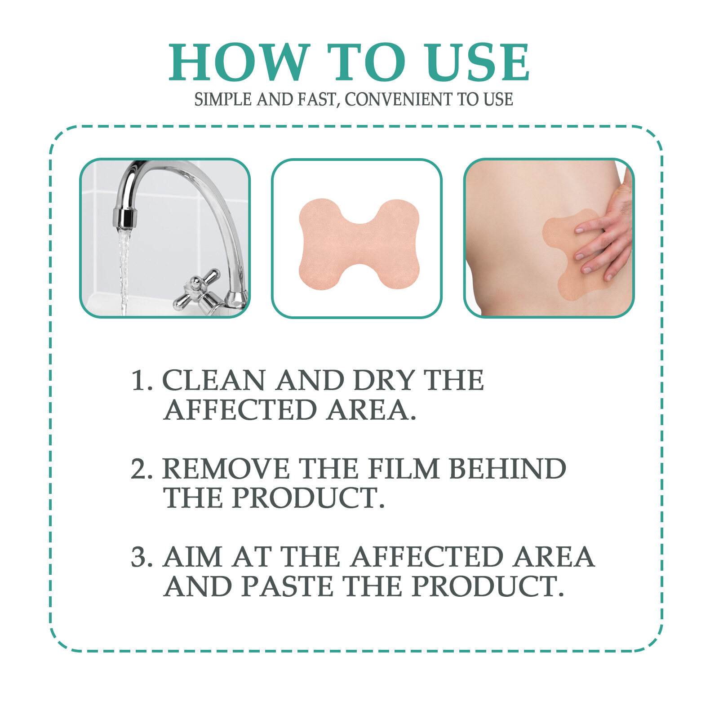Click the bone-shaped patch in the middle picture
tap(359, 244)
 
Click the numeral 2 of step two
tap(139, 469)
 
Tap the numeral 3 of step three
tap(139, 557)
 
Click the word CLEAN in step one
tap(213, 381)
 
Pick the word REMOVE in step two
tap(226, 469)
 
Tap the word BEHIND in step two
tap(507, 469)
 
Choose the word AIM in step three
tap(193, 557)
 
